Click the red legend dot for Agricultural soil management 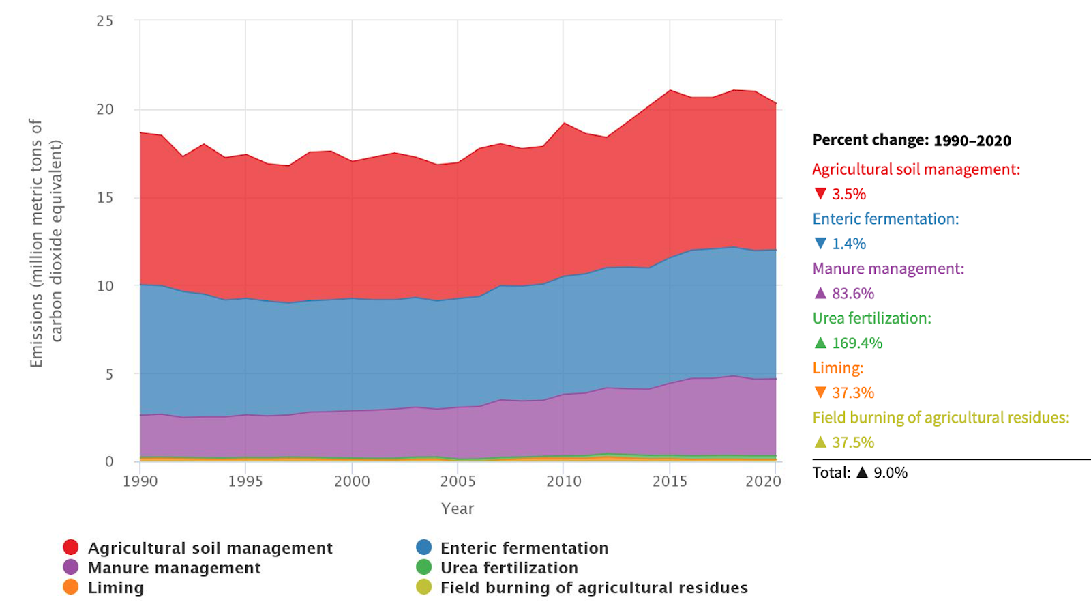71,547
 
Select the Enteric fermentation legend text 524,548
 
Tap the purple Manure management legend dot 71,567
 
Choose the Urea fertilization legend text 509,568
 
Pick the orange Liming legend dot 71,587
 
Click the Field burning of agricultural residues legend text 593,588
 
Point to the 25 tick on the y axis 105,21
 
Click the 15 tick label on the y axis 105,198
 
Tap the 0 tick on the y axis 109,462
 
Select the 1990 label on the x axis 140,482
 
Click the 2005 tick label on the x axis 458,482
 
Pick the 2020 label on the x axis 763,482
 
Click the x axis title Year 458,509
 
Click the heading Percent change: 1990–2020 912,141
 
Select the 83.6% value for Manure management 852,294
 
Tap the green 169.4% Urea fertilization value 857,343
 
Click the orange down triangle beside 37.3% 820,392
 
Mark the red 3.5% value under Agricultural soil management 849,195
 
